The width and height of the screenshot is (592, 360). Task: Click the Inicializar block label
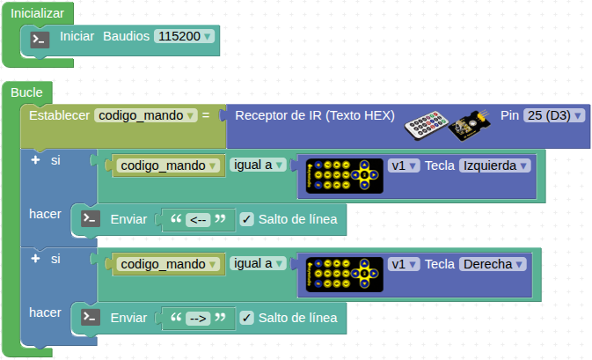(x=36, y=15)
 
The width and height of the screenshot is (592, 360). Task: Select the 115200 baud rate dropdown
(x=184, y=37)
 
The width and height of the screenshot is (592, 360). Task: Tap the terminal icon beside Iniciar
(x=40, y=39)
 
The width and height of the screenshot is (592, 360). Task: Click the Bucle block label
(x=27, y=92)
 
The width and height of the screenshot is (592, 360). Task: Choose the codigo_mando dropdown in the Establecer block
(x=145, y=115)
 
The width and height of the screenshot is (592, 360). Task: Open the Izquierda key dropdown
(x=495, y=165)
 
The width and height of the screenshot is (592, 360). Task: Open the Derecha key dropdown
(x=492, y=263)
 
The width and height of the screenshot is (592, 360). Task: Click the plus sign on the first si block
(x=35, y=160)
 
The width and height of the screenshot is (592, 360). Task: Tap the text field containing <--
(x=198, y=219)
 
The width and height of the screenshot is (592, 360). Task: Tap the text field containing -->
(x=198, y=317)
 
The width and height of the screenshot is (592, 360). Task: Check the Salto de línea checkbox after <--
(x=246, y=219)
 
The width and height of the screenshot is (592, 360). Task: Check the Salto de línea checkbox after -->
(x=246, y=317)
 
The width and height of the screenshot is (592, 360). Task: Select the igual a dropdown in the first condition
(x=259, y=165)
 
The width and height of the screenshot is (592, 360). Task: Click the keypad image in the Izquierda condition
(x=344, y=176)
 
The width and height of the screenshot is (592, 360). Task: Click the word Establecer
(x=59, y=115)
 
